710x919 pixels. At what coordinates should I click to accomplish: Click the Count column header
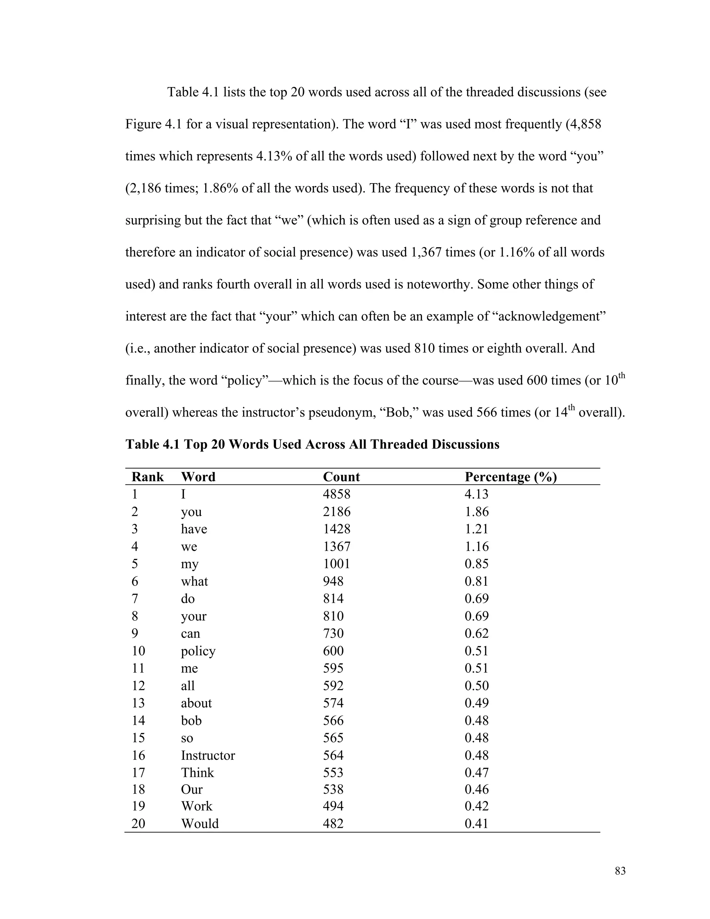click(x=341, y=477)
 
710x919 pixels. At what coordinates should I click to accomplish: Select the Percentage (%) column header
click(x=510, y=477)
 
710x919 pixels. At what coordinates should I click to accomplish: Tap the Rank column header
click(x=147, y=477)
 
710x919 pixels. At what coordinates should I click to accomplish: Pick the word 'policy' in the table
click(x=198, y=651)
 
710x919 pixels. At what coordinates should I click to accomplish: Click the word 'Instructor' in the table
click(x=208, y=755)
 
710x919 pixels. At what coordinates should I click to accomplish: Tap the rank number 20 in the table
click(x=138, y=824)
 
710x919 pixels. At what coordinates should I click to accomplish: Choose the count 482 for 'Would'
click(x=333, y=824)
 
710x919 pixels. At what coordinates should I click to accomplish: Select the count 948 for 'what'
click(x=333, y=582)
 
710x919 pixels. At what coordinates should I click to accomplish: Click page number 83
click(x=620, y=871)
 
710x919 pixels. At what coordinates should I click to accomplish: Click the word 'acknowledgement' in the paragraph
click(x=551, y=316)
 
